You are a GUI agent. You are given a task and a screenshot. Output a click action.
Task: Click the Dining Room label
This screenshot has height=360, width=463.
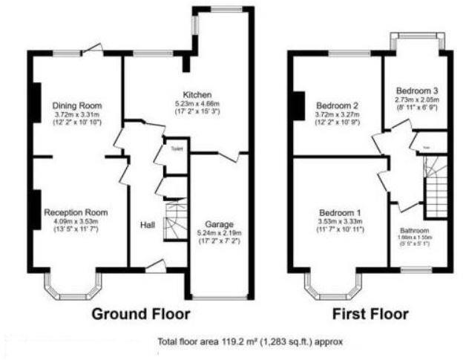tap(77, 105)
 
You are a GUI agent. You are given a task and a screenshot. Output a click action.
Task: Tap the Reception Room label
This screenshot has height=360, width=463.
tap(75, 212)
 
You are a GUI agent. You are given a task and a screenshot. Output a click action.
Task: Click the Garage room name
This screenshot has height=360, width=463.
tap(220, 223)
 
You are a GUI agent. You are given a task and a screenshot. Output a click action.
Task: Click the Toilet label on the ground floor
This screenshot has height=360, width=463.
tap(176, 148)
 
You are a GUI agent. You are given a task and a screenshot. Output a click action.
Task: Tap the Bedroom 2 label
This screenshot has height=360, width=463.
tap(336, 105)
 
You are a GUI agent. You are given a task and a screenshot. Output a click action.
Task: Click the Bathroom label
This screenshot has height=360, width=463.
tap(414, 230)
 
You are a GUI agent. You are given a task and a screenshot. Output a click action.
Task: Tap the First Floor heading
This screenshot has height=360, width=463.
tap(370, 314)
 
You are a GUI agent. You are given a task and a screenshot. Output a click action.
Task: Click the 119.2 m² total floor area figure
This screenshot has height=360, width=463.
tap(231, 343)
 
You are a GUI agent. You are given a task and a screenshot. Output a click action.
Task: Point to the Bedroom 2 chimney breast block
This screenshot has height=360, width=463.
tap(298, 105)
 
